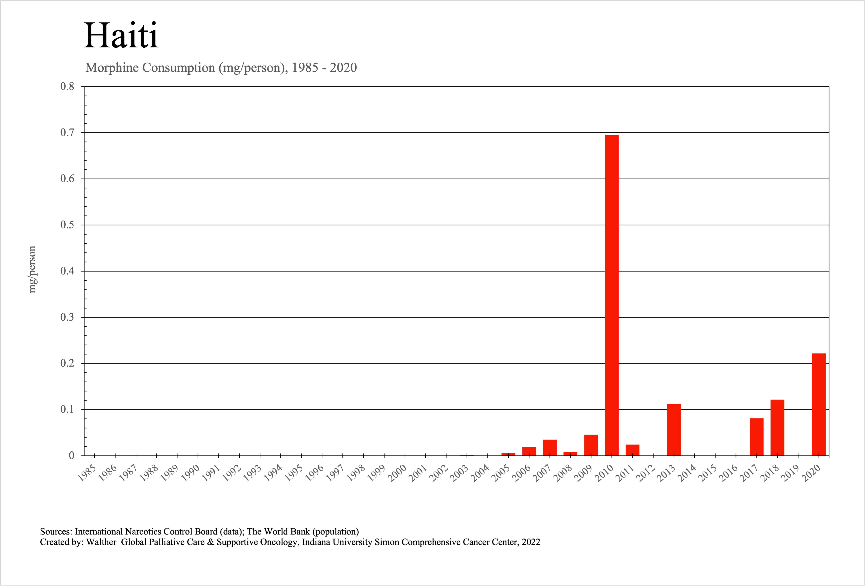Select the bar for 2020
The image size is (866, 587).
(819, 404)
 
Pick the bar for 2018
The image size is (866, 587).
(777, 428)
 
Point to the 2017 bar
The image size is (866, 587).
(756, 437)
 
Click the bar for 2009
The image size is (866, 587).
(591, 445)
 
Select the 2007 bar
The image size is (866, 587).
(550, 448)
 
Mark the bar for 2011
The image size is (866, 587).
(632, 450)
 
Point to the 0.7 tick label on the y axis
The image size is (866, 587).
(67, 133)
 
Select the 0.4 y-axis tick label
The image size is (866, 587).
(67, 271)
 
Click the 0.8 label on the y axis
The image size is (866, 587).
(67, 86)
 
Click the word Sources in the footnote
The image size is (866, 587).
(56, 531)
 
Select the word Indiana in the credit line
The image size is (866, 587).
(316, 542)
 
